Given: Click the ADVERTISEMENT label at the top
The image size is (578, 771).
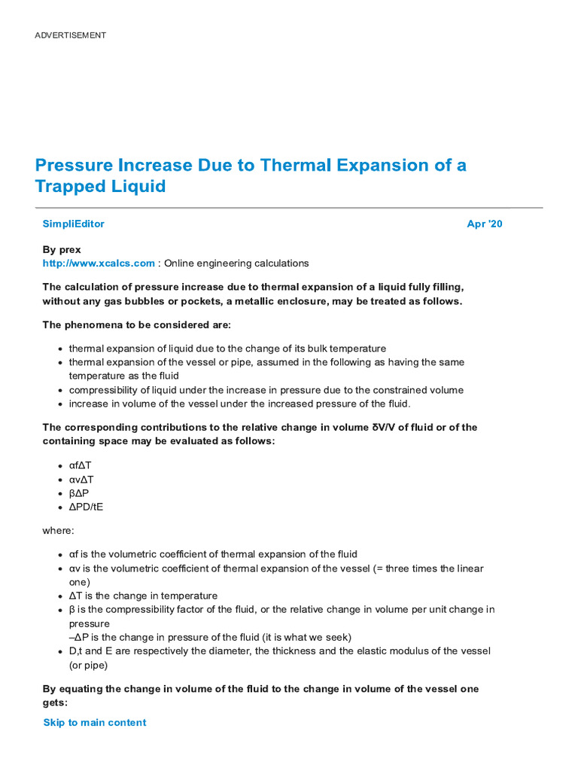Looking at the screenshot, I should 70,35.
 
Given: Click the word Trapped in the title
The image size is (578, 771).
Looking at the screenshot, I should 70,186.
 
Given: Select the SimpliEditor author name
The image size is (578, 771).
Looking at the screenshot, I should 74,224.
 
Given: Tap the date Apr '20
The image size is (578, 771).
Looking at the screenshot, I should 485,224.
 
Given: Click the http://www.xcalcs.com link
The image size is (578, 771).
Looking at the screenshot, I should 99,264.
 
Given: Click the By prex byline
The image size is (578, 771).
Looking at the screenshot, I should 62,249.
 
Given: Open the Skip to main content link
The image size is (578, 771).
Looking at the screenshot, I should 95,722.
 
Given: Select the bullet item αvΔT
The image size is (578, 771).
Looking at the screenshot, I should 81,480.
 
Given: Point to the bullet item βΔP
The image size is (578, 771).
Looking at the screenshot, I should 79,493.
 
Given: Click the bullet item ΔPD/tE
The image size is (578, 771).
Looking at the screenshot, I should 86,507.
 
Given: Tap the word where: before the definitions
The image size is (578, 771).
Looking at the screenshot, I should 58,531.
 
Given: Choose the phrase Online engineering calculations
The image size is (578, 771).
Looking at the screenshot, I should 236,264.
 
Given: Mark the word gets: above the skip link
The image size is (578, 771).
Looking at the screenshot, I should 55,702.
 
